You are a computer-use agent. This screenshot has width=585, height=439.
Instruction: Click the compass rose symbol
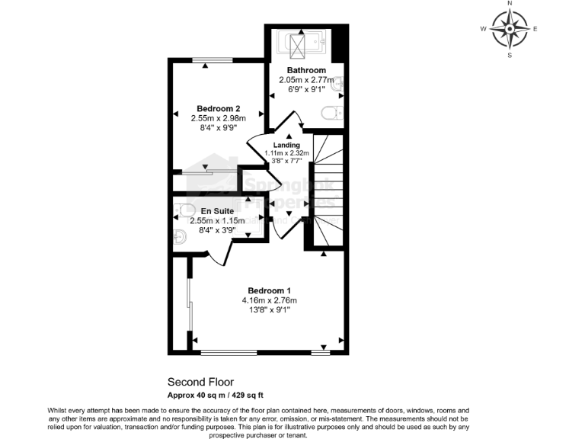point(509,30)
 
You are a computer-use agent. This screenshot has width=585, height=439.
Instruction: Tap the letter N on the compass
point(509,4)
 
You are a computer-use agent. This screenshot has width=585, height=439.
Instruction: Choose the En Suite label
point(217,210)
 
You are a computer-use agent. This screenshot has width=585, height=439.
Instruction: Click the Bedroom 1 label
point(270,290)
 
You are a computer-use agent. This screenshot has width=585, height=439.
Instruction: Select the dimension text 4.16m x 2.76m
point(270,300)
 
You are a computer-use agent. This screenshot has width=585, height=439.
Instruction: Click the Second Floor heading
point(200,382)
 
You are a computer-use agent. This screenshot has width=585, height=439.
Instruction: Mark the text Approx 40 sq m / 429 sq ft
point(216,395)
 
